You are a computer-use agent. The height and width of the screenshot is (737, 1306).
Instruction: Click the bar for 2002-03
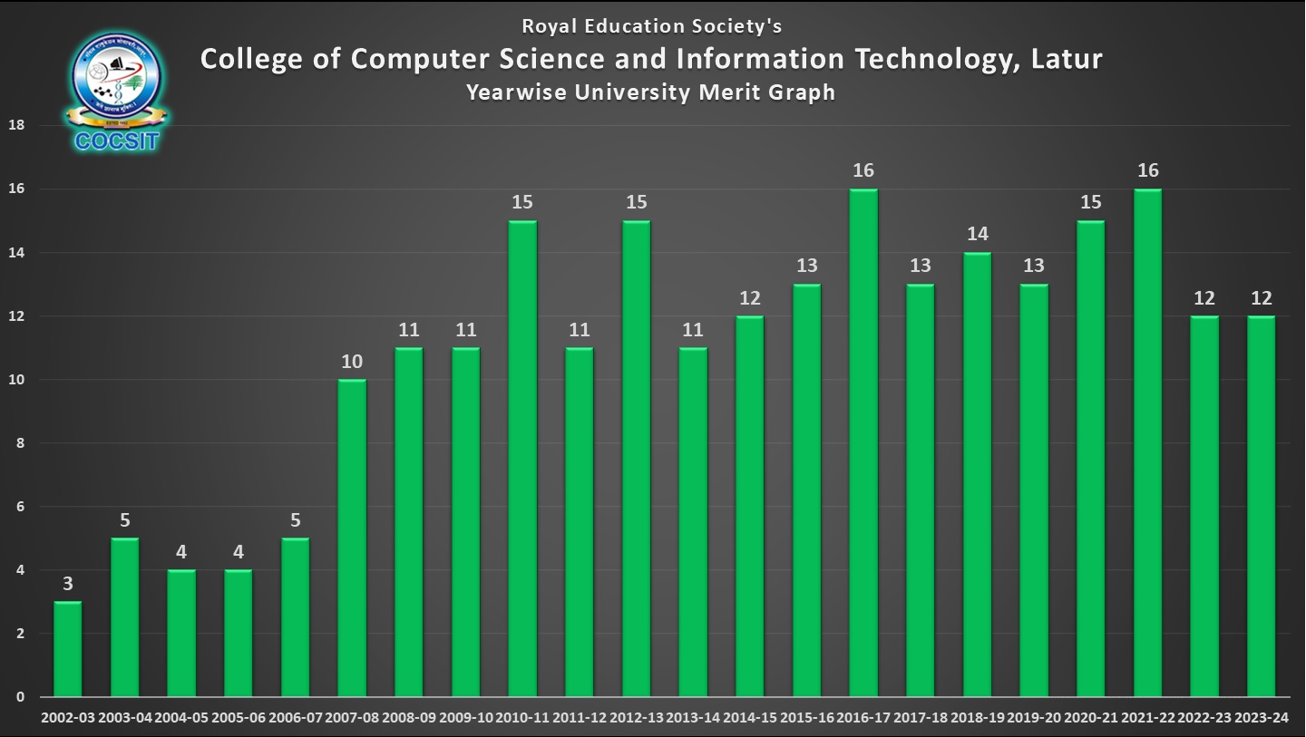(x=68, y=649)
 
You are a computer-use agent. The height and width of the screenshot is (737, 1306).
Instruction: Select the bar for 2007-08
(x=352, y=538)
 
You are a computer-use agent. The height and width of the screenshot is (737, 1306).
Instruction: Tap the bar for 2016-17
(x=863, y=443)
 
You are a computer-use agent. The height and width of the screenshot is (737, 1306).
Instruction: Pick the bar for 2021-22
(x=1147, y=443)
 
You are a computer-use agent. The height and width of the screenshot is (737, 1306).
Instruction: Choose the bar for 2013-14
(x=693, y=522)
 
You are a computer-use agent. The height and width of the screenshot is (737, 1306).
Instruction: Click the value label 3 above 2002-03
(x=68, y=584)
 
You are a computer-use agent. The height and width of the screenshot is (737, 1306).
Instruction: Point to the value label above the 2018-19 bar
(x=977, y=234)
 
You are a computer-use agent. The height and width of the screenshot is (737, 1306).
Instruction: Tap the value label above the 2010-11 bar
(x=522, y=202)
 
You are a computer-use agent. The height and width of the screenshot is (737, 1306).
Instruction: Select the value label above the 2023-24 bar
(x=1261, y=297)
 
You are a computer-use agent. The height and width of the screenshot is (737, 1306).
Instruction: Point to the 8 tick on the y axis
(x=18, y=443)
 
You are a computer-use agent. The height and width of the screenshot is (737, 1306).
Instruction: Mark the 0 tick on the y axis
(x=18, y=697)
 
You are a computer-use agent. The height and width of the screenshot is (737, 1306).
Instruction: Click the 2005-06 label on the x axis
(x=239, y=718)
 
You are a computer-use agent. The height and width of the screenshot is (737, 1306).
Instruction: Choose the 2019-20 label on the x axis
(x=1034, y=718)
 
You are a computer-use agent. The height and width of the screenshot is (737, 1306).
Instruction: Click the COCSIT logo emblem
(x=117, y=89)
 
